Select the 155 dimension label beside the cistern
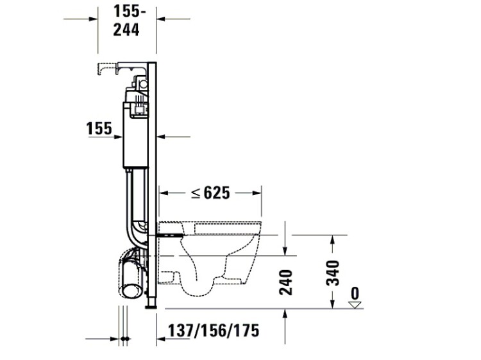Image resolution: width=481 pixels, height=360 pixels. [x=99, y=128]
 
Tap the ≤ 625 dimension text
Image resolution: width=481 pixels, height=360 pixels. [x=210, y=193]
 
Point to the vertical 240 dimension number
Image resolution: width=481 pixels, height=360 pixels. [x=285, y=282]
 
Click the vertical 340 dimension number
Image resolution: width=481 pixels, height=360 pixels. [x=332, y=273]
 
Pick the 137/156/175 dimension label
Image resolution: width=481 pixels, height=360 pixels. [x=214, y=330]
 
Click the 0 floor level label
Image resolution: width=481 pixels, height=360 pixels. [x=355, y=293]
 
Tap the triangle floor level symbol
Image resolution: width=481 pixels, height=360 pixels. [x=355, y=305]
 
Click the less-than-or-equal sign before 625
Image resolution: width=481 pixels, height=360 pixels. [x=196, y=193]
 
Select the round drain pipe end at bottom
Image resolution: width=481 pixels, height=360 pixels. [x=132, y=290]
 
